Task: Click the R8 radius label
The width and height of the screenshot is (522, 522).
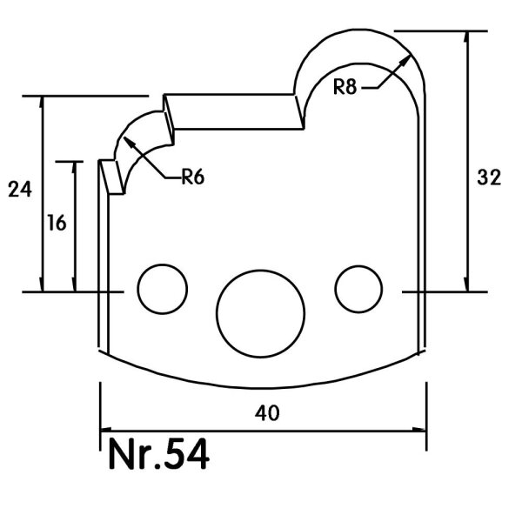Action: coord(345,86)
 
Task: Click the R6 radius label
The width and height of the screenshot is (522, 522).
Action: coord(193,177)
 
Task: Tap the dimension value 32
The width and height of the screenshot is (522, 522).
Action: coord(489,177)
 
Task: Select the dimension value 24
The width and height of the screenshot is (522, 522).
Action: coord(20,189)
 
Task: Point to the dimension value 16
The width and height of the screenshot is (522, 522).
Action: coord(57,223)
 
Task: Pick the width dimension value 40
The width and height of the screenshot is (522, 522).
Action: coord(267,413)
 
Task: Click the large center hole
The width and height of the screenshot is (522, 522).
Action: coord(261,313)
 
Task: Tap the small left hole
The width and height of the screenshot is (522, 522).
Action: coord(163,289)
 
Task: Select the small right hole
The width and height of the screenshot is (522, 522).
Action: coord(358,289)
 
